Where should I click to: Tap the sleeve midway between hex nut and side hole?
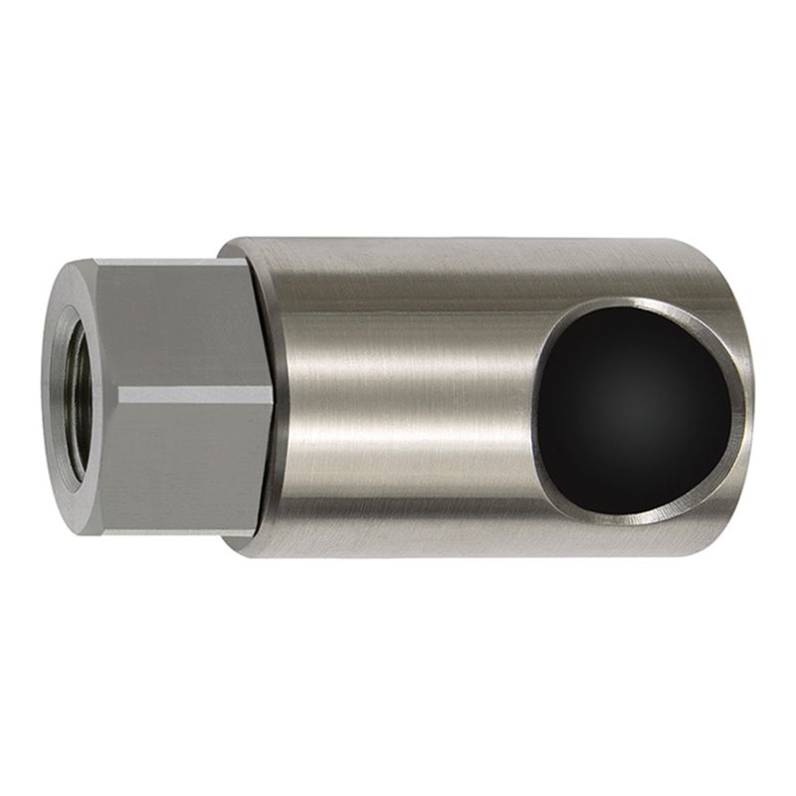pyautogui.click(x=408, y=398)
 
